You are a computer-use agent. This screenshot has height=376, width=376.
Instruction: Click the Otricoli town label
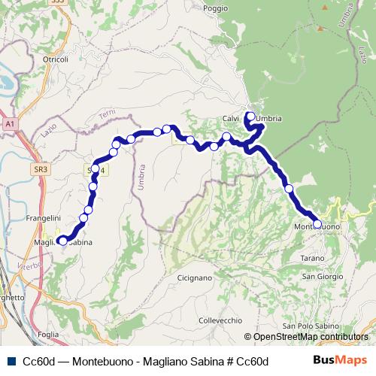56,59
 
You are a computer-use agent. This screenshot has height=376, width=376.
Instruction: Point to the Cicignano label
195,277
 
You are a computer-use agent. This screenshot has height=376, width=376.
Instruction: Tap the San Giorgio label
320,276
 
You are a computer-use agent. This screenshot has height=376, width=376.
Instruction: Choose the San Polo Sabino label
306,326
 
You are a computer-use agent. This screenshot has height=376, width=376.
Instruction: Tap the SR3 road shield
41,170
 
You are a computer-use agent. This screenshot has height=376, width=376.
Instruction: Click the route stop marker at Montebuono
317,224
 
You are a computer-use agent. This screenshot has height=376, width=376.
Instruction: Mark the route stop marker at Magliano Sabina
61,241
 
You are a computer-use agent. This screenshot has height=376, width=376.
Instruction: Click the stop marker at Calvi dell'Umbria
251,117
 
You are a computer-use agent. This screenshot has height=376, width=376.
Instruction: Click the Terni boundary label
108,117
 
